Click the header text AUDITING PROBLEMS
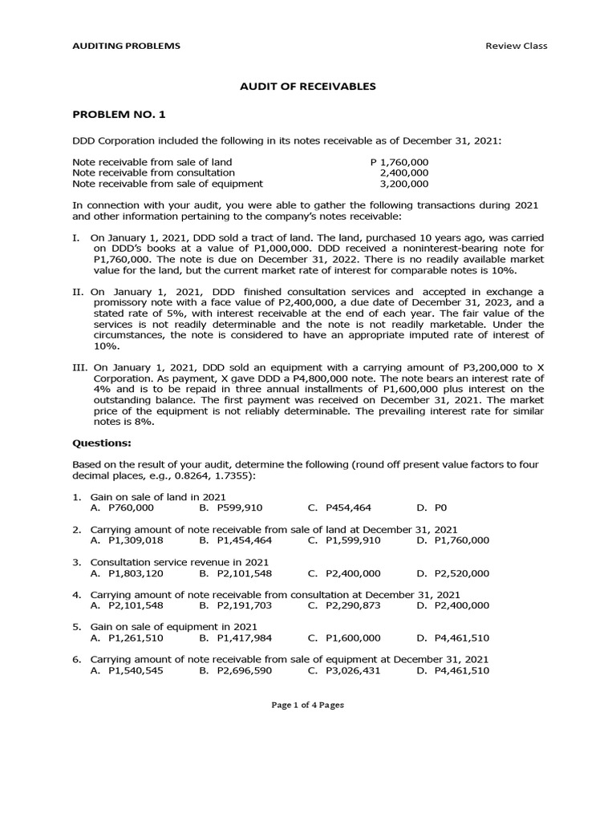[x=126, y=46]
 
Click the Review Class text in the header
[x=516, y=46]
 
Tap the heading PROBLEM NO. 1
[x=118, y=115]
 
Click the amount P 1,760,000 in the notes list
[x=399, y=162]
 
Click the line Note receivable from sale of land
[x=152, y=162]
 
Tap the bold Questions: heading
[x=102, y=442]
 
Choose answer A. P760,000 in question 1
[x=122, y=508]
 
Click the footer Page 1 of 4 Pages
[x=307, y=705]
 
